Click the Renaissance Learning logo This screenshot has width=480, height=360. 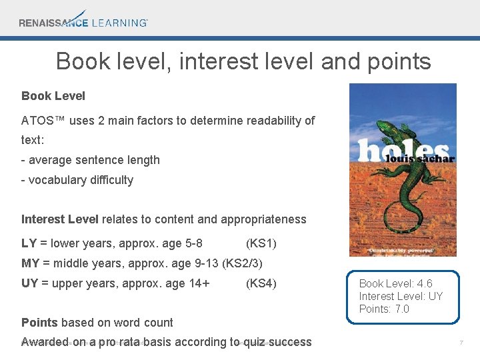[83, 19]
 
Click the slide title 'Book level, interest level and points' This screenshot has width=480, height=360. [243, 61]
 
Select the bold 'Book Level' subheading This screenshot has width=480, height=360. [53, 96]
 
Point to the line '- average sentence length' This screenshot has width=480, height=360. [91, 160]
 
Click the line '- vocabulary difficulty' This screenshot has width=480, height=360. [77, 180]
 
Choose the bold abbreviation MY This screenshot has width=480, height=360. [31, 263]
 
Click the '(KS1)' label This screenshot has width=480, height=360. [261, 243]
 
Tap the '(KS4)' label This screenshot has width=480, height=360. [261, 283]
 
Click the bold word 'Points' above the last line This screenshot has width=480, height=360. [39, 323]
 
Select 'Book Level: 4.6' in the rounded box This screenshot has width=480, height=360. [395, 284]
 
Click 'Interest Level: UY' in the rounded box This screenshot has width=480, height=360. [401, 297]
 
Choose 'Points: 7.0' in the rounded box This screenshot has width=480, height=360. [384, 309]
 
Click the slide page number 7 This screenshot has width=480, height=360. [461, 343]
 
